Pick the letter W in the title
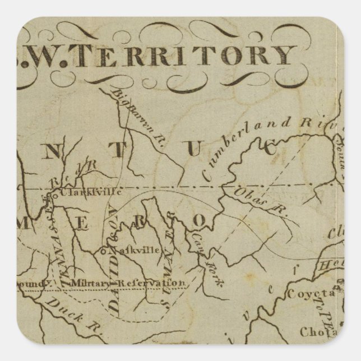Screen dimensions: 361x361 click(49, 54)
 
